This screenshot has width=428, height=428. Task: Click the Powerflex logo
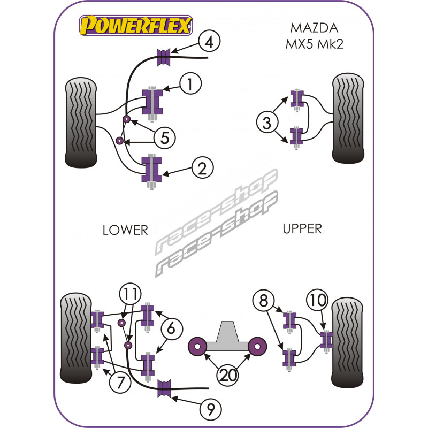pyautogui.click(x=136, y=25)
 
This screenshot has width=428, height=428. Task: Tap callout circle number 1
pyautogui.click(x=190, y=83)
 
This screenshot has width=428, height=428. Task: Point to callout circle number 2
pyautogui.click(x=202, y=169)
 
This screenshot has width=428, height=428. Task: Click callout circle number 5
pyautogui.click(x=165, y=138)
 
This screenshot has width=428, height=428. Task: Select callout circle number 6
pyautogui.click(x=171, y=330)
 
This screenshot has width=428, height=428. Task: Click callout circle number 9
pyautogui.click(x=210, y=410)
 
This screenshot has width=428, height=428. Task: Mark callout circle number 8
pyautogui.click(x=263, y=301)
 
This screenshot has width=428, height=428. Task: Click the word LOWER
pyautogui.click(x=125, y=230)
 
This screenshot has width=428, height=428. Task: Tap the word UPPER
pyautogui.click(x=302, y=229)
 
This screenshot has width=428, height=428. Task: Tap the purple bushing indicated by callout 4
pyautogui.click(x=163, y=57)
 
